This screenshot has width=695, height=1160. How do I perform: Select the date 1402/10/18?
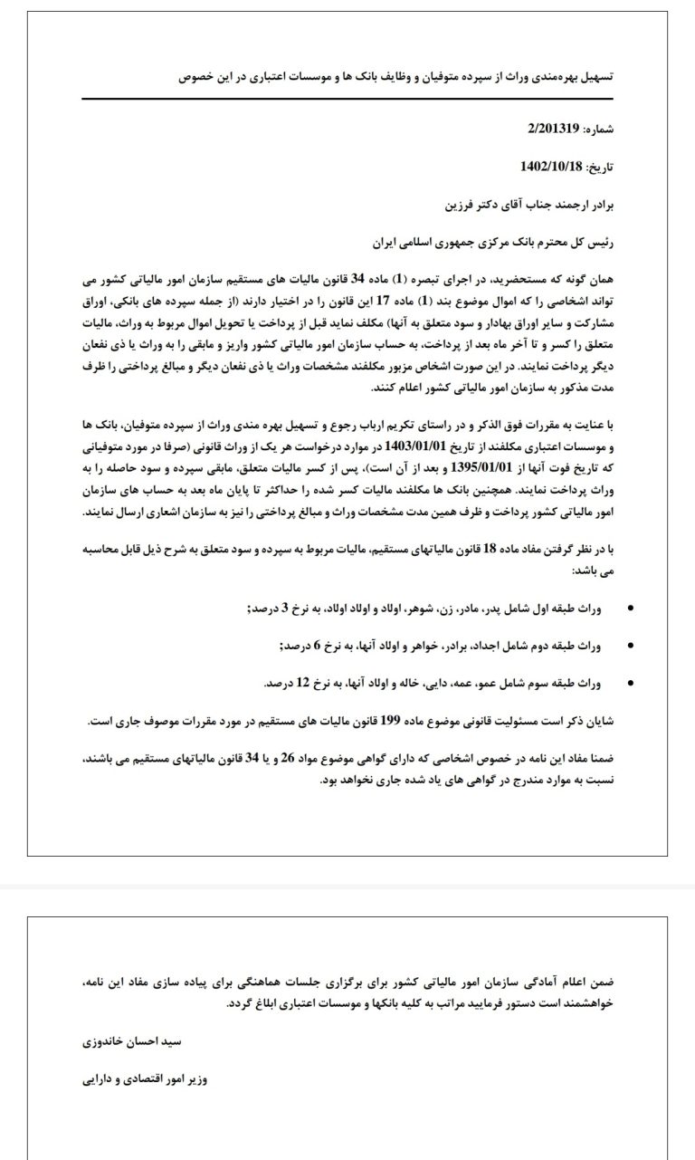tap(553, 167)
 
